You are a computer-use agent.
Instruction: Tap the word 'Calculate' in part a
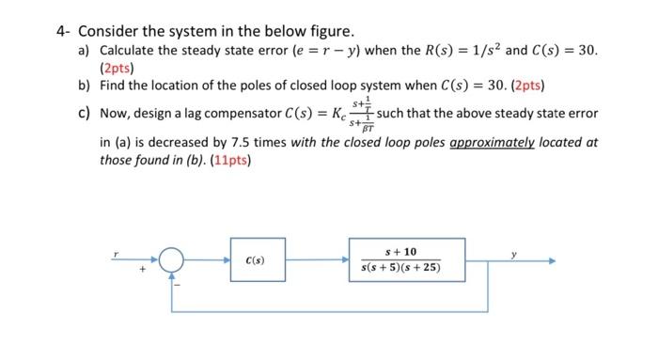pos(133,49)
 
